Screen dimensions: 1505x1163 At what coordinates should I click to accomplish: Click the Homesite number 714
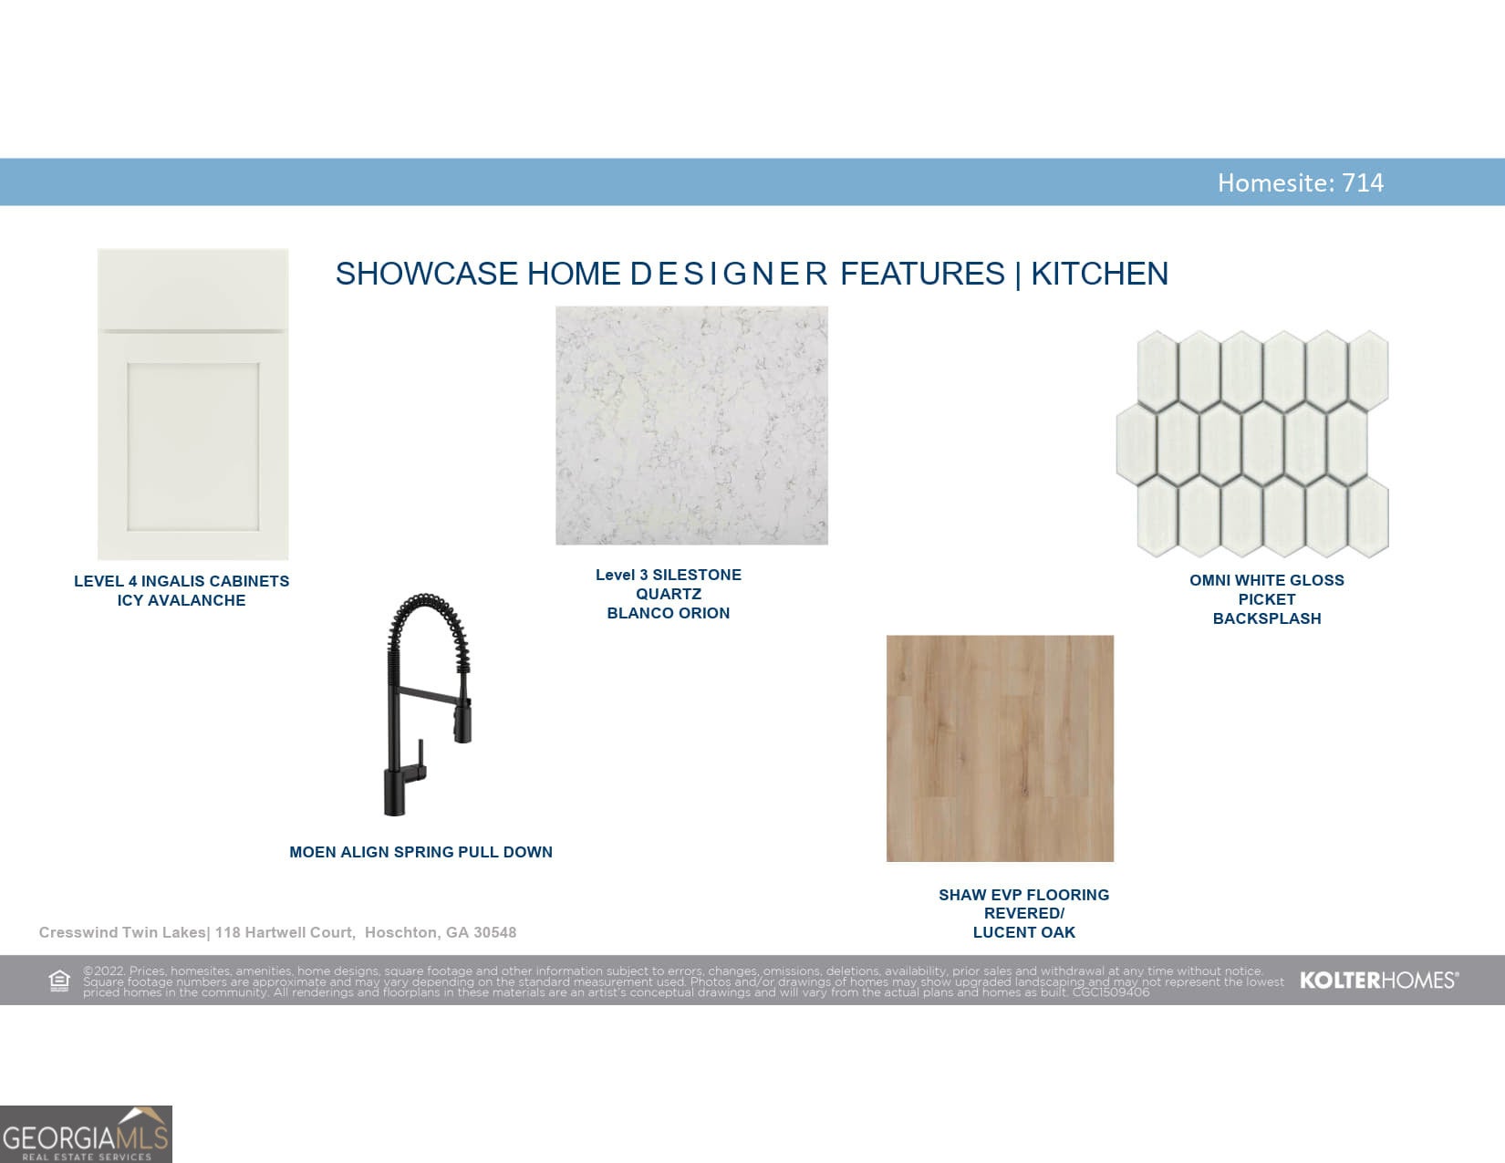point(1363,182)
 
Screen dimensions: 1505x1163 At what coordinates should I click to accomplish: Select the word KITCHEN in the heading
point(1099,274)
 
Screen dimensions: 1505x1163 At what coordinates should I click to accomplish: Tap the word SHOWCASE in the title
point(427,274)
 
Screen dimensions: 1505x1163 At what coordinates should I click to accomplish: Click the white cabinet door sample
point(192,404)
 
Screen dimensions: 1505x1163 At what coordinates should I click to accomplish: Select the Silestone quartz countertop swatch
point(691,425)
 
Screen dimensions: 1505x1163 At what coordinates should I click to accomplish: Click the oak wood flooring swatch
point(1000,748)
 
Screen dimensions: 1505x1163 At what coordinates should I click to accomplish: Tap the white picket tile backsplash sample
point(1252,444)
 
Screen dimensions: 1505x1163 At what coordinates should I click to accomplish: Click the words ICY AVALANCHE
point(182,600)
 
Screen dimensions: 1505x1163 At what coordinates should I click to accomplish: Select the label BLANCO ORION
point(669,613)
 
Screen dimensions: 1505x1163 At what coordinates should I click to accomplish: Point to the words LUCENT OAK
point(1023,932)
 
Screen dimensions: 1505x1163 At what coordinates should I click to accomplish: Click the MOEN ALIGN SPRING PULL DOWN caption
point(420,852)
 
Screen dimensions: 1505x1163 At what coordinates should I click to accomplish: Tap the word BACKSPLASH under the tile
point(1267,618)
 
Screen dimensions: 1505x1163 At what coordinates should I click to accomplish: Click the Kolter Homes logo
point(1379,981)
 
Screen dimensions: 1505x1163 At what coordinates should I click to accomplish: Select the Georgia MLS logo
point(86,1134)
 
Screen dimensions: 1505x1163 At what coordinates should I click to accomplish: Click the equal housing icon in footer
point(59,981)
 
